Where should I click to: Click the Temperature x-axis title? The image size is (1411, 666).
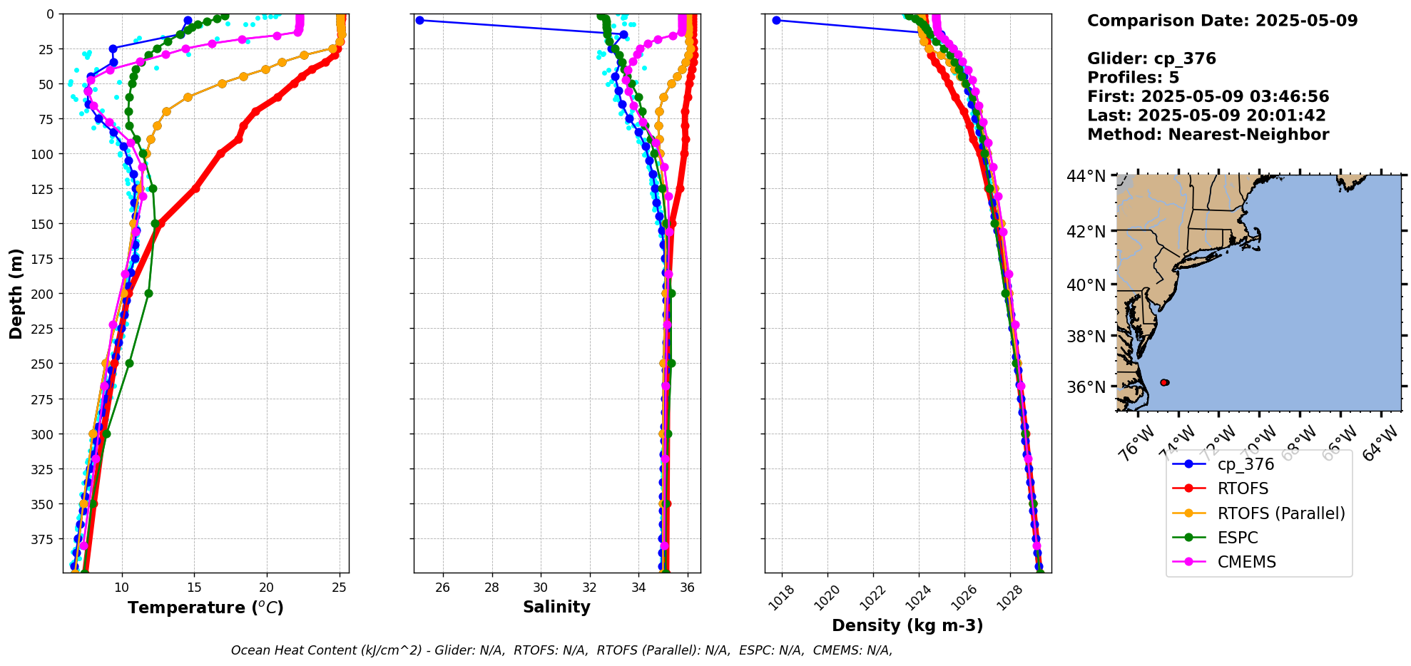205,608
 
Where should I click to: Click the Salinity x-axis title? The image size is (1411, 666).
556,608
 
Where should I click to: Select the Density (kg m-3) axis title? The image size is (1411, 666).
907,625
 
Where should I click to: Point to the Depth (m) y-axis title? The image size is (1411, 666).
16,293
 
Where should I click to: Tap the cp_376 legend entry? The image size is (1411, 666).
1246,464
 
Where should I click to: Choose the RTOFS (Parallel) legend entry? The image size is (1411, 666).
1280,513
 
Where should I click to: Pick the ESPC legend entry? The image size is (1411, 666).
1238,538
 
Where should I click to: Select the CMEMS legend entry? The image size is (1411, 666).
1246,562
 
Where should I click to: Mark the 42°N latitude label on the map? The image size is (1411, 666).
1086,232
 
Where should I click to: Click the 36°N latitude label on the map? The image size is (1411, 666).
1086,387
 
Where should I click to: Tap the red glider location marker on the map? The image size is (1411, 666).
1164,383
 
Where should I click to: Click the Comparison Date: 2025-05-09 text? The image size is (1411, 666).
1222,21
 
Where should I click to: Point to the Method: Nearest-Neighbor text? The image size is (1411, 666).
1208,135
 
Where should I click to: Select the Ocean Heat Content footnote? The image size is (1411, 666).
561,650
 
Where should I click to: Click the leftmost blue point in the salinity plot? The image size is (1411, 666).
419,21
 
